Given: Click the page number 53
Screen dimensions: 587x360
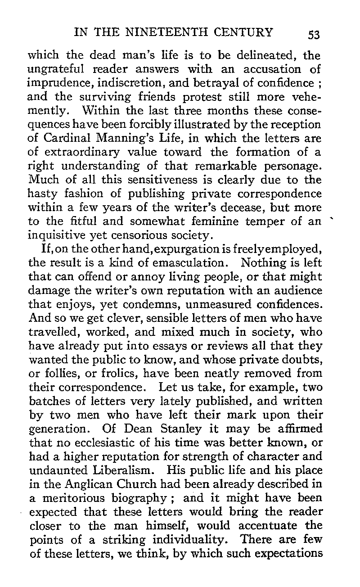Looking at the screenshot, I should (x=311, y=34).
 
